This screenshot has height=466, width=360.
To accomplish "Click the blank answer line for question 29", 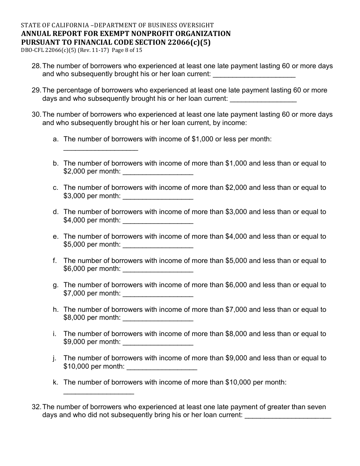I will click(x=263, y=100).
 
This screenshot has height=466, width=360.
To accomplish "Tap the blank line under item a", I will click(x=100, y=150).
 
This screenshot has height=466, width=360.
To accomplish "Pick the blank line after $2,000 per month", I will click(x=158, y=174).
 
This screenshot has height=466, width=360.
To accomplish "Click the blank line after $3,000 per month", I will click(x=158, y=198).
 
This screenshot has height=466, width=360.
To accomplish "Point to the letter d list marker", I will click(x=56, y=212).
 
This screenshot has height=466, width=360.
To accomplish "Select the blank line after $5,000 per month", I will click(x=158, y=247).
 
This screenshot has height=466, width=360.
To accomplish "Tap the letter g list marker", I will click(x=56, y=285).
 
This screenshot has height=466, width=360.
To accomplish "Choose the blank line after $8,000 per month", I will click(x=158, y=319).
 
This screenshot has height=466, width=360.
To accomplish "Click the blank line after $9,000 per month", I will click(x=158, y=344).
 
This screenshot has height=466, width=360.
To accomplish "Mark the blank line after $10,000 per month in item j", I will click(x=162, y=368).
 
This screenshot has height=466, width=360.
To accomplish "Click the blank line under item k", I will click(x=99, y=393).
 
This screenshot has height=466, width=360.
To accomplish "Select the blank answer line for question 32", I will click(x=288, y=417).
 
